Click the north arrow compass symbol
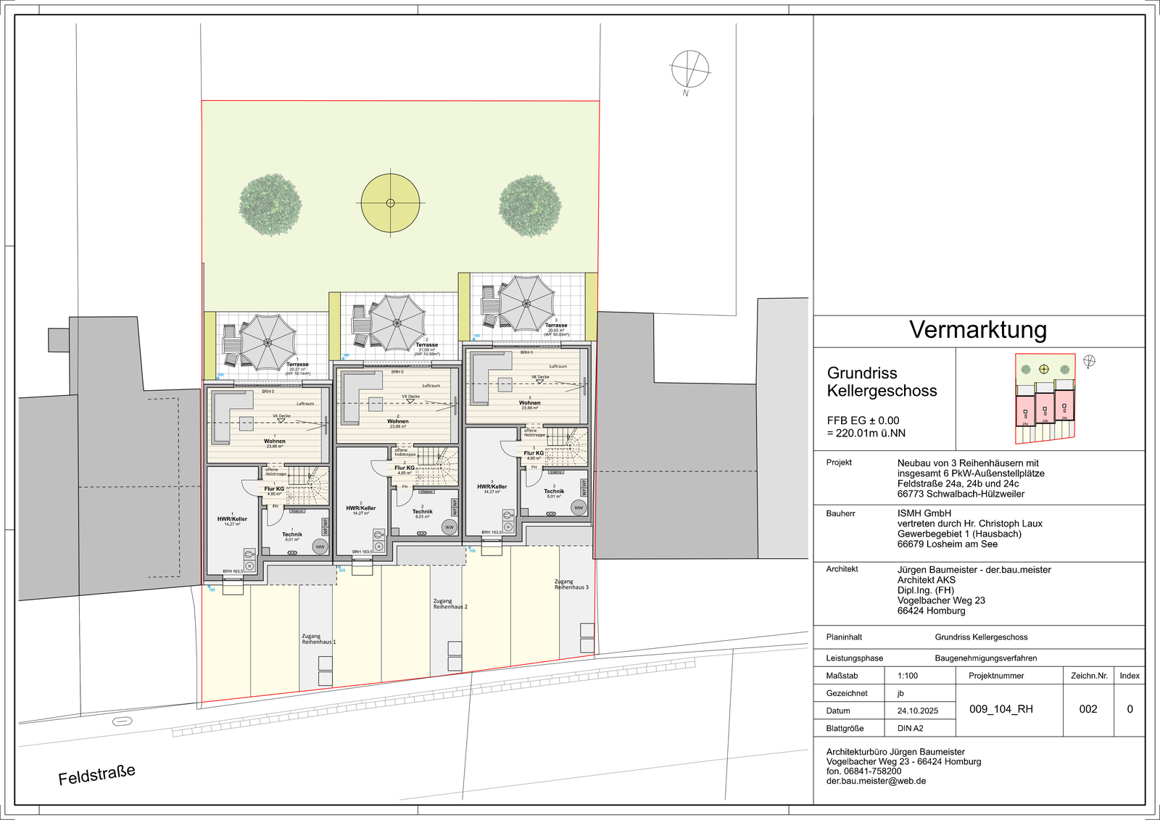689,70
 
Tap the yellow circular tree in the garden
390,203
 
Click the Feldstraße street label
97,774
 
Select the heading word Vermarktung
978,330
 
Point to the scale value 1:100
908,676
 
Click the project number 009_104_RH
1001,709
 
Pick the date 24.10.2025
918,711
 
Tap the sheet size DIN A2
911,728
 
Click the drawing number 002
1088,709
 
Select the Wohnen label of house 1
275,441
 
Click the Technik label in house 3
554,492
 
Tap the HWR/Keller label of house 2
361,508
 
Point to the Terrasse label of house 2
426,345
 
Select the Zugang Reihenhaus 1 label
318,639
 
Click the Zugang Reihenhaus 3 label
571,584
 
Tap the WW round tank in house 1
320,547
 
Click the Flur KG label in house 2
405,468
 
